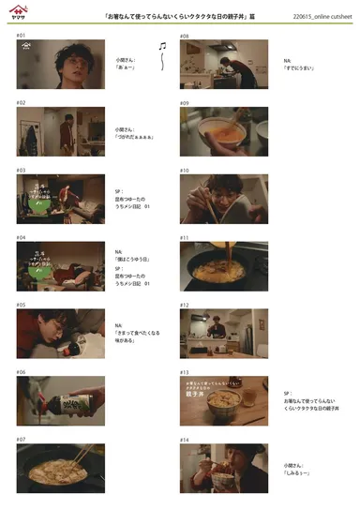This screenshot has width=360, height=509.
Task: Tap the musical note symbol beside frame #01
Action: tap(162, 46)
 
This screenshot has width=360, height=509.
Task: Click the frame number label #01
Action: tap(21, 36)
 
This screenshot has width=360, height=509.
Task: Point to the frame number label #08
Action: tap(185, 36)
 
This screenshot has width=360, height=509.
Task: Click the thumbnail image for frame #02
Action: tap(61, 130)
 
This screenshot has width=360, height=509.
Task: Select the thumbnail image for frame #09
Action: tap(224, 130)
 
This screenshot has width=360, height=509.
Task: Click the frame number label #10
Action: tap(185, 171)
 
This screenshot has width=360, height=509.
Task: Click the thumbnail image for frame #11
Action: tap(224, 266)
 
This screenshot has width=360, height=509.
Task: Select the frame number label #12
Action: tap(185, 306)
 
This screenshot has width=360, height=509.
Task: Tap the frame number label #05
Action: tap(21, 306)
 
